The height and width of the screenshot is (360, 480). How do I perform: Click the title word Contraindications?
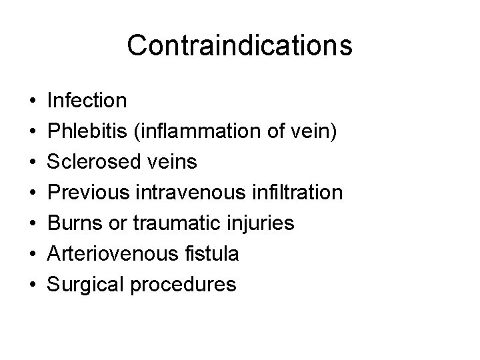[x=239, y=45]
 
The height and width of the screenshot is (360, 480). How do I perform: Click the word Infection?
[x=87, y=101]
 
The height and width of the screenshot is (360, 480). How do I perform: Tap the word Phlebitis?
[x=89, y=132]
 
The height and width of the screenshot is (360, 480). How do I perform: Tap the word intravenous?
[x=192, y=193]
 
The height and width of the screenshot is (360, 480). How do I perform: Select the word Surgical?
[x=89, y=285]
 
